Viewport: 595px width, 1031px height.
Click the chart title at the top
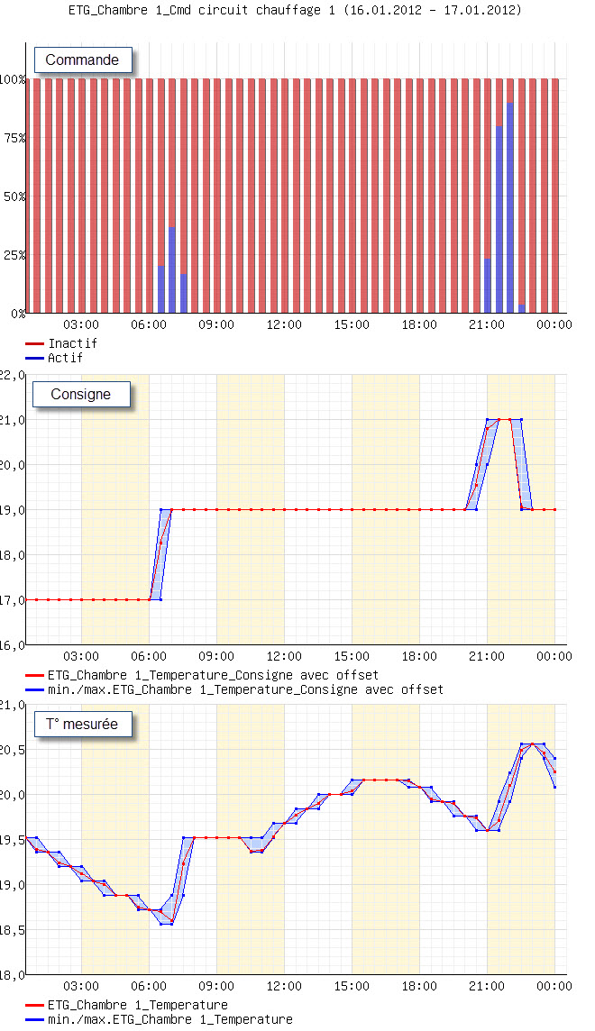[x=295, y=10]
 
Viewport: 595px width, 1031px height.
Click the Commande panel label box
[x=83, y=60]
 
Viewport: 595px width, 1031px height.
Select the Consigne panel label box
[x=81, y=394]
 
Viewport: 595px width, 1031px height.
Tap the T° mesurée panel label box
[x=82, y=724]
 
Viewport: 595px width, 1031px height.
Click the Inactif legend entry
[x=72, y=343]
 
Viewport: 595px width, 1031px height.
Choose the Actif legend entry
[x=65, y=358]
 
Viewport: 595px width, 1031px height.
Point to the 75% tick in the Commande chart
[x=13, y=138]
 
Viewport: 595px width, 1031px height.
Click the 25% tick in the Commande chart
[x=13, y=255]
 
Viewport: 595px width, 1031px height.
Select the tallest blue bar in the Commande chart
[x=510, y=207]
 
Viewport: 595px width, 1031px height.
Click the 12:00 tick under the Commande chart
[x=284, y=324]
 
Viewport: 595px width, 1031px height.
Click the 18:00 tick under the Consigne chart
[x=419, y=656]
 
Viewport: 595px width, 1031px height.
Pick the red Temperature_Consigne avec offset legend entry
[x=213, y=675]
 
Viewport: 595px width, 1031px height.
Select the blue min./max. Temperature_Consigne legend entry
[x=245, y=689]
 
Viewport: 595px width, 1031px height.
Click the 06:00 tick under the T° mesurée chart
[x=149, y=986]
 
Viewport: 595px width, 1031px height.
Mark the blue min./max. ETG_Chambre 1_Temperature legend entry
[x=169, y=1019]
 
